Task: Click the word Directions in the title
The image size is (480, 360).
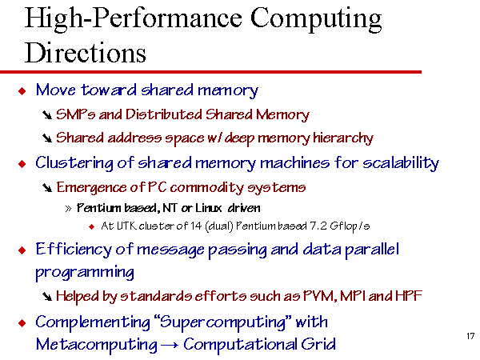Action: [x=85, y=53]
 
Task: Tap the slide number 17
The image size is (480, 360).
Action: [x=470, y=336]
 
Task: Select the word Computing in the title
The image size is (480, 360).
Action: [x=316, y=19]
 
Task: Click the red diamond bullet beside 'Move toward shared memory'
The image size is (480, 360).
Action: [x=22, y=90]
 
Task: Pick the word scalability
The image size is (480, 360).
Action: [x=401, y=163]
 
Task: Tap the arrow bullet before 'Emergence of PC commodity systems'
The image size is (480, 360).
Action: [x=47, y=188]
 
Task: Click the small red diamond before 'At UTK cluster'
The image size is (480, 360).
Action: [x=91, y=227]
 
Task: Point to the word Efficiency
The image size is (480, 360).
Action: [x=74, y=250]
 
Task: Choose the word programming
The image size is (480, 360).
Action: [x=85, y=273]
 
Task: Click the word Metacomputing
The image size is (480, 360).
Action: [x=97, y=344]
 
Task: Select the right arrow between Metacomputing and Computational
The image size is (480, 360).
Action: [x=170, y=346]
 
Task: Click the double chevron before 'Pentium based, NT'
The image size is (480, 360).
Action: [x=68, y=209]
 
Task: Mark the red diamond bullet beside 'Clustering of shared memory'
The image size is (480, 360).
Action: [x=22, y=164]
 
